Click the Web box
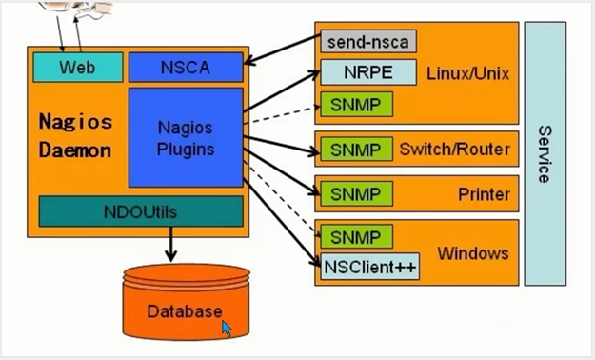coord(78,68)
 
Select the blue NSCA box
coord(187,68)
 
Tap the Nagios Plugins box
coord(186,137)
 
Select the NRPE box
coord(367,72)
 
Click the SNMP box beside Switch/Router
coord(355,150)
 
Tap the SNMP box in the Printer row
coord(355,194)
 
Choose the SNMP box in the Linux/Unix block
coord(355,103)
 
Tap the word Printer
coord(484,194)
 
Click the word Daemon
coord(75,150)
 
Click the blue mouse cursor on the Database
coord(227,328)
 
